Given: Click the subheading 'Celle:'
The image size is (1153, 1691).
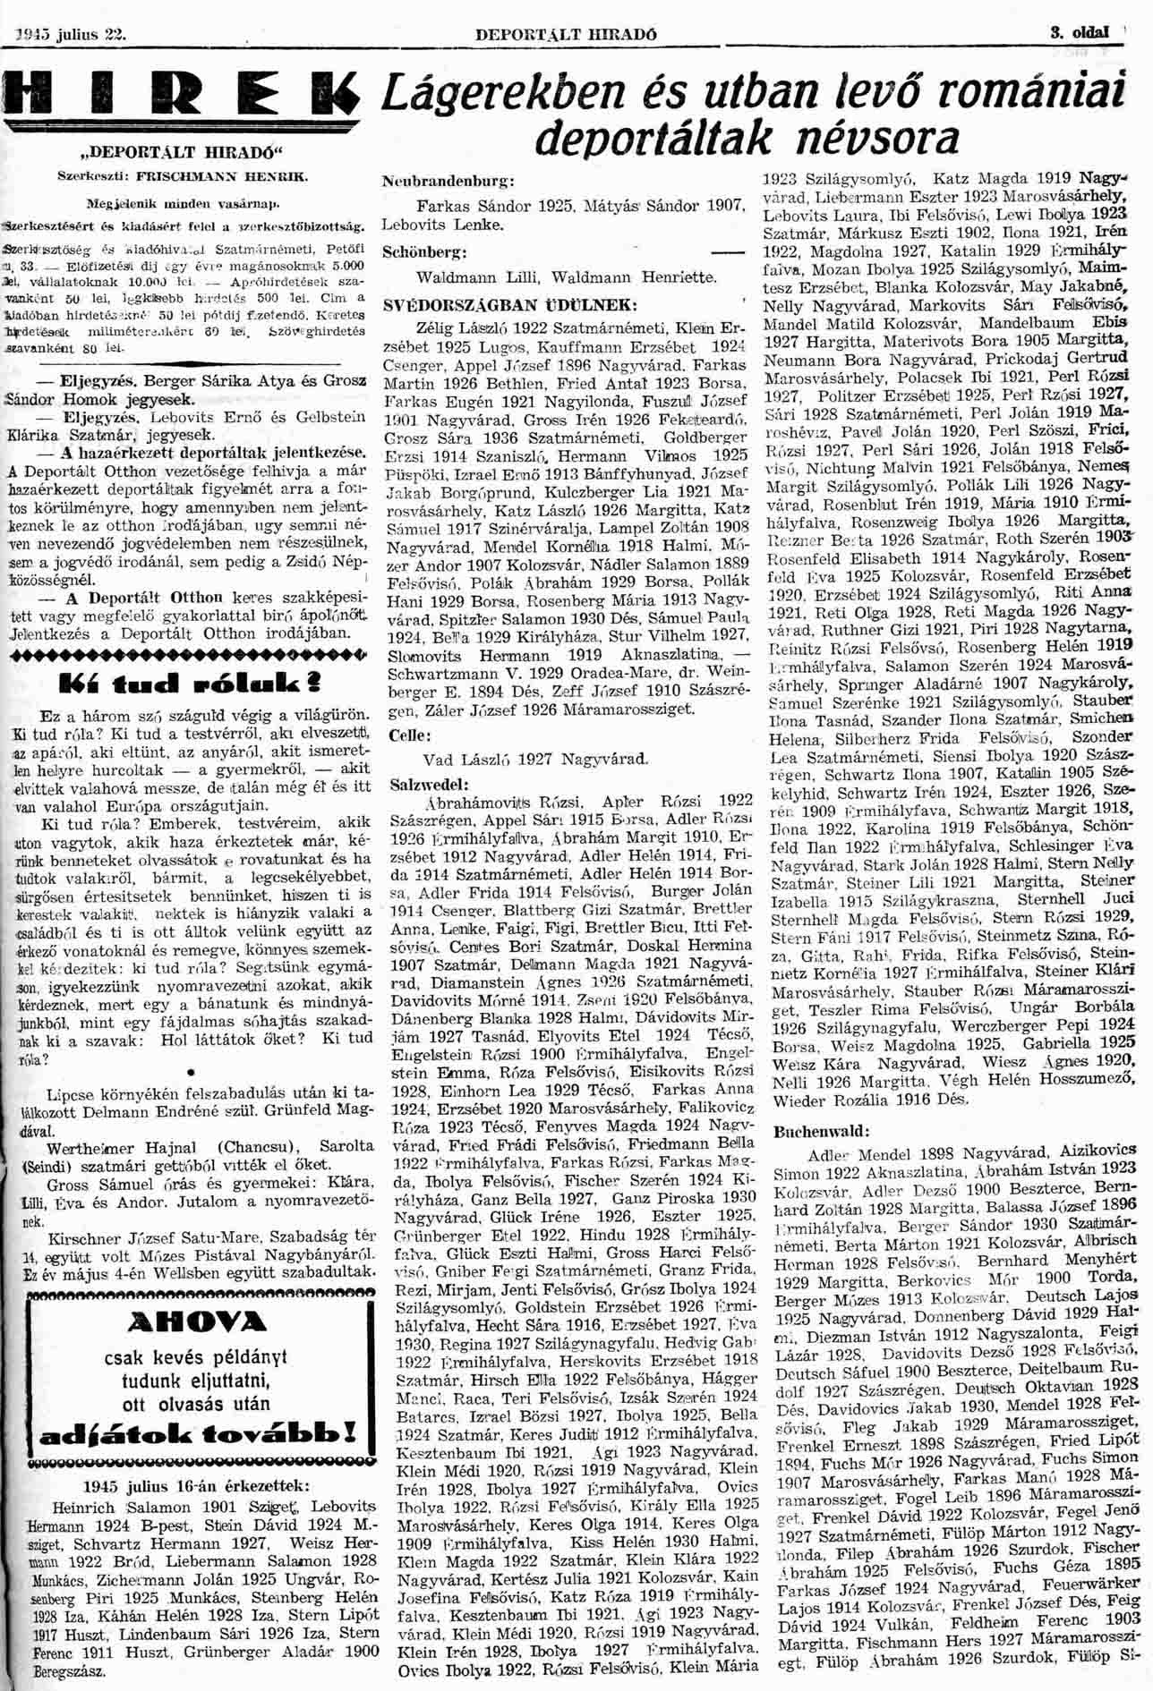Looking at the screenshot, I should (410, 735).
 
